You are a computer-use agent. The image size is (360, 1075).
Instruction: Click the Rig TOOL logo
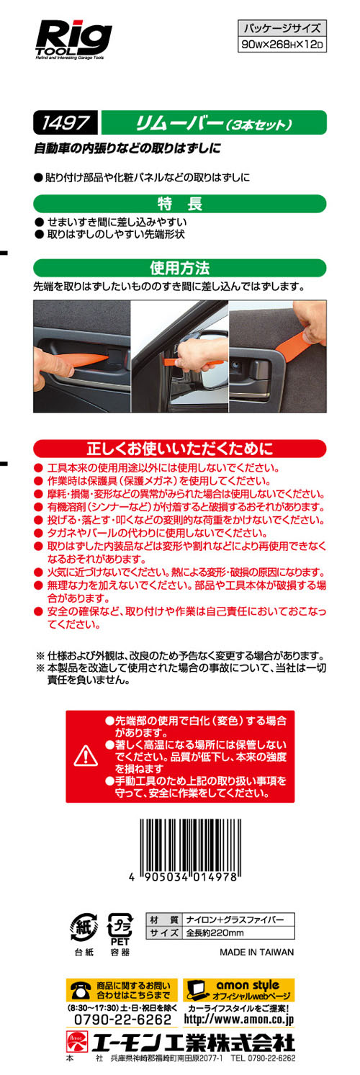[x=73, y=40]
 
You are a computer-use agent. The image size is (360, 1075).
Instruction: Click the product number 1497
[x=66, y=123]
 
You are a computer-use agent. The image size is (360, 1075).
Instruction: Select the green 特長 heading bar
[x=179, y=204]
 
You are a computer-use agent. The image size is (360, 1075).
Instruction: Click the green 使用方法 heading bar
[x=179, y=268]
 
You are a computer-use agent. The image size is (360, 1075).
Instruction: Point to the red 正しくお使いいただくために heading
[x=179, y=449]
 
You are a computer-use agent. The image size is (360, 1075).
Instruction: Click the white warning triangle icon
[x=86, y=756]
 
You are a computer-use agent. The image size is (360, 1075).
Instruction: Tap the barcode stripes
[x=190, y=845]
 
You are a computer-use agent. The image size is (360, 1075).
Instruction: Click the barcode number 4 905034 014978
[x=184, y=877]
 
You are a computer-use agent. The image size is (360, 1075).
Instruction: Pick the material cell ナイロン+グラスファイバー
[x=235, y=919]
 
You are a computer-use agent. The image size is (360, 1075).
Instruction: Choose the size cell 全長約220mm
[x=215, y=933]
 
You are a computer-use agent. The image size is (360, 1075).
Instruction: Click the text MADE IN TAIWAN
[x=257, y=952]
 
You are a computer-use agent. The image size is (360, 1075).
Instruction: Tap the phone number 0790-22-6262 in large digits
[x=122, y=1020]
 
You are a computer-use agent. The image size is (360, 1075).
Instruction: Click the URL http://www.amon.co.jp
[x=238, y=1019]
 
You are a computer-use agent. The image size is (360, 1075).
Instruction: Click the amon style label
[x=248, y=985]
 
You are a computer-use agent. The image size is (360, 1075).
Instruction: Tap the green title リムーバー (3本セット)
[x=214, y=123]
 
